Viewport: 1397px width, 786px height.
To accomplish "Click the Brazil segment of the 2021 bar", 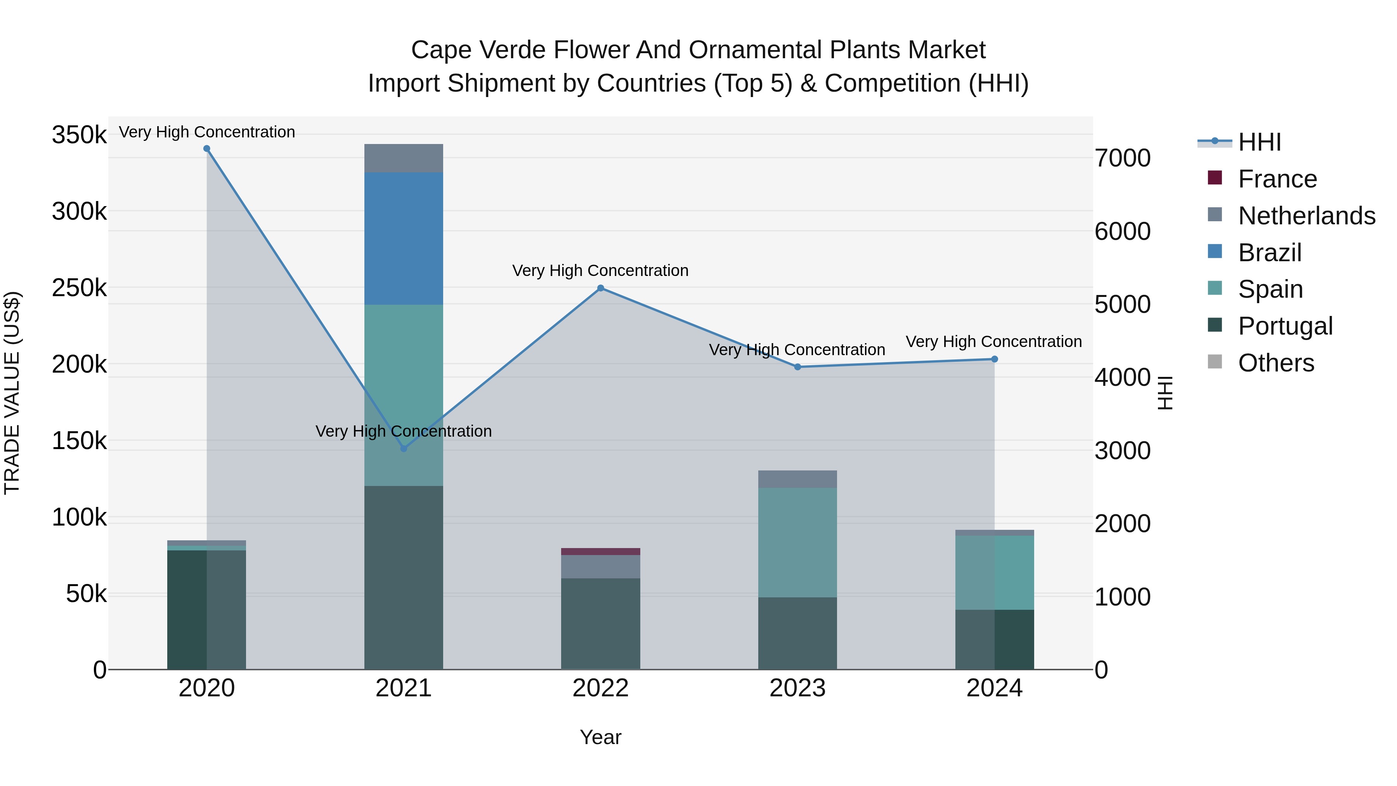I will pyautogui.click(x=404, y=238).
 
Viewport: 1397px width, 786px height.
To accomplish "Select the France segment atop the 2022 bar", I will pyautogui.click(x=600, y=551).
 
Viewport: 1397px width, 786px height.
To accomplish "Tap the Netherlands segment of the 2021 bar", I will pyautogui.click(x=404, y=158).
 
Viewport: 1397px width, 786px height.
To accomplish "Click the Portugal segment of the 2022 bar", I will pyautogui.click(x=600, y=623).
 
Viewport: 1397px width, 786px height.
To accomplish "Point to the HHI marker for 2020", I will pyautogui.click(x=206, y=149).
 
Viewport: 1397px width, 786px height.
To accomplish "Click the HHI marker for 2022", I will pyautogui.click(x=600, y=288).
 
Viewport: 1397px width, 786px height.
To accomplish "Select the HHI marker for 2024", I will pyautogui.click(x=995, y=359).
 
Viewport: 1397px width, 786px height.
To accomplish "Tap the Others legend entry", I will pyautogui.click(x=1276, y=363).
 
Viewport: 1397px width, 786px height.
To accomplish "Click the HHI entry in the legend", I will pyautogui.click(x=1259, y=142).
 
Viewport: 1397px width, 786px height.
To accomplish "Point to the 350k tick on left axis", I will pyautogui.click(x=79, y=135).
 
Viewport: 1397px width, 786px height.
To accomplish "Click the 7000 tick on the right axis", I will pyautogui.click(x=1122, y=158).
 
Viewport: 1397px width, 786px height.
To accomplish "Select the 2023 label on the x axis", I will pyautogui.click(x=797, y=688).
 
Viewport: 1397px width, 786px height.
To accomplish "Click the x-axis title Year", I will pyautogui.click(x=600, y=737).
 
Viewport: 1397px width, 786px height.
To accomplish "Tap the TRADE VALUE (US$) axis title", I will pyautogui.click(x=12, y=393).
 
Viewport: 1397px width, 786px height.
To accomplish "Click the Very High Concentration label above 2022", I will pyautogui.click(x=600, y=270).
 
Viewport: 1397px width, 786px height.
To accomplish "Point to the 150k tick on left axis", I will pyautogui.click(x=79, y=441).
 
